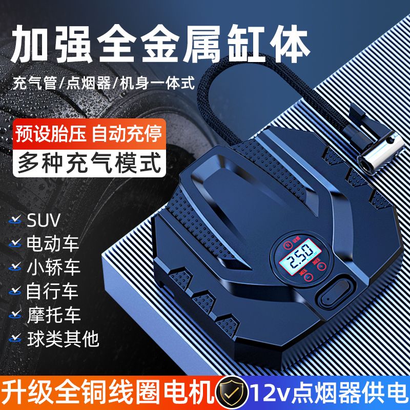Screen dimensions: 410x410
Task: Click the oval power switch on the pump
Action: pyautogui.click(x=336, y=293)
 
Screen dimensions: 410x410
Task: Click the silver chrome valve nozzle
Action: pyautogui.click(x=380, y=150)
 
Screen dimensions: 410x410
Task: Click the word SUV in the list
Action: pyautogui.click(x=44, y=221)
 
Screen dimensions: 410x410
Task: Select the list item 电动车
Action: pyautogui.click(x=53, y=244)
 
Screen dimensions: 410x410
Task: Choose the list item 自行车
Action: pyautogui.click(x=52, y=291)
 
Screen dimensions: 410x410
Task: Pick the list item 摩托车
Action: pyautogui.click(x=53, y=315)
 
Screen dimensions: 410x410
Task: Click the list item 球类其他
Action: pyautogui.click(x=63, y=339)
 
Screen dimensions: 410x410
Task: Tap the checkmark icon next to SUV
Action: pyautogui.click(x=15, y=220)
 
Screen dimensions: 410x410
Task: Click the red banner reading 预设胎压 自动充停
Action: pyautogui.click(x=89, y=134)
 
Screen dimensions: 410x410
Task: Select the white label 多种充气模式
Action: pyautogui.click(x=89, y=163)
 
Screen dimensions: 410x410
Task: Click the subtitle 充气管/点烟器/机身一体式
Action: pyautogui.click(x=104, y=83)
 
